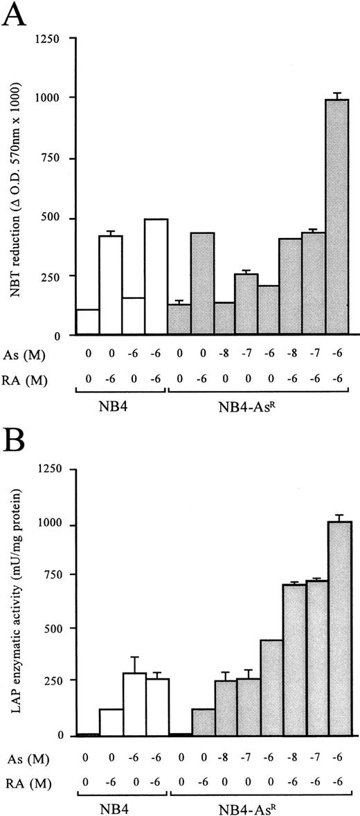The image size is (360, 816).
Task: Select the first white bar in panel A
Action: [x=87, y=322]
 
